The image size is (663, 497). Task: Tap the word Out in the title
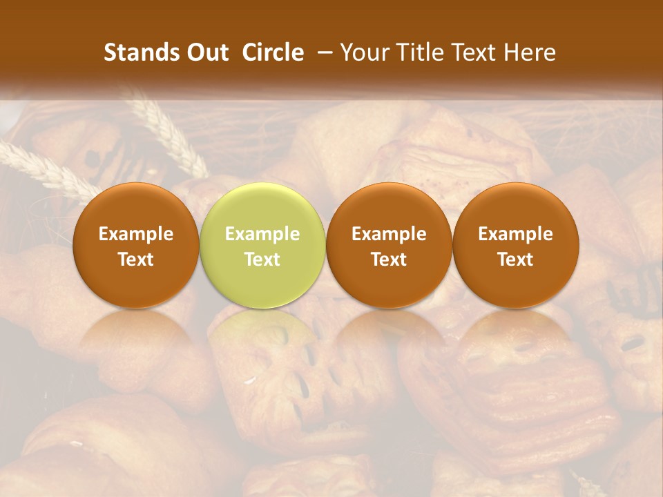[206, 53]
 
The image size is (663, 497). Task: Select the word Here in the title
[528, 53]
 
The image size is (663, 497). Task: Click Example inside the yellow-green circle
[262, 234]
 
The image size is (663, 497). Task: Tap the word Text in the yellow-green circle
[262, 260]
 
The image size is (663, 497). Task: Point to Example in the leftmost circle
[136, 234]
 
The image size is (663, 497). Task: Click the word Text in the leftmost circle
[136, 260]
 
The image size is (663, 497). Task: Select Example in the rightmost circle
[516, 234]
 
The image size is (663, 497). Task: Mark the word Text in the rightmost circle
[516, 260]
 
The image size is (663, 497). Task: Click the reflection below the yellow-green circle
[262, 338]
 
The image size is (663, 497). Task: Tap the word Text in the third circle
[389, 260]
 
